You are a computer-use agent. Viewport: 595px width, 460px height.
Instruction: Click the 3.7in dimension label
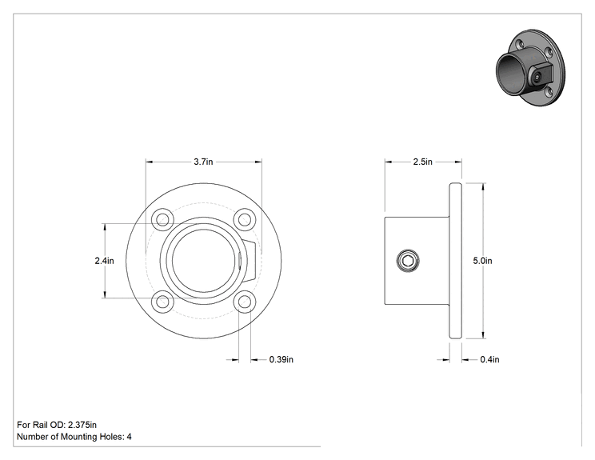pos(203,162)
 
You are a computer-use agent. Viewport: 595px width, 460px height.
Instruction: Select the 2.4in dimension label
pos(104,261)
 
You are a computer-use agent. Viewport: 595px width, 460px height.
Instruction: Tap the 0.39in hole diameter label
pos(282,359)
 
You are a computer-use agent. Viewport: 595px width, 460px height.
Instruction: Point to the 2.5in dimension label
pos(423,162)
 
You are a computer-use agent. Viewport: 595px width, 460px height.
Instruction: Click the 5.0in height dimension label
pos(483,261)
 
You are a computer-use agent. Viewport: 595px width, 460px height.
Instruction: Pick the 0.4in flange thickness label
pos(490,359)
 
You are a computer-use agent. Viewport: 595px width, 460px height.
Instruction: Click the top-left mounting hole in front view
pos(163,219)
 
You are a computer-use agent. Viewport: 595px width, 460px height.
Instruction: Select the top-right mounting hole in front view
pos(245,219)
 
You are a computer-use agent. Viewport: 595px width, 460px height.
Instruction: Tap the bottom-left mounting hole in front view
pos(163,302)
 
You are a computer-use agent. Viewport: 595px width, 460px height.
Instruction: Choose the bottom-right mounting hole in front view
pos(245,302)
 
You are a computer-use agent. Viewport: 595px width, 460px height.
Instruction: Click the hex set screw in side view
pos(408,261)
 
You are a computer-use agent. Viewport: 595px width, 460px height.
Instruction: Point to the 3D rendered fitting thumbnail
pos(530,67)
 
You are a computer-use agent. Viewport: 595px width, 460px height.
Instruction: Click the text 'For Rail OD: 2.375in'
pos(57,425)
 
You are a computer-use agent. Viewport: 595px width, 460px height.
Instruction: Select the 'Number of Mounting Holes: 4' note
pos(74,437)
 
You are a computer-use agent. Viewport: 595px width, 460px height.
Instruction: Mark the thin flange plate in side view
pos(455,261)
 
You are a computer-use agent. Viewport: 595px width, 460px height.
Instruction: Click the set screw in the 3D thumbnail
pos(536,77)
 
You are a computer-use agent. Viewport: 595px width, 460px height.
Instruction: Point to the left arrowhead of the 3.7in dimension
pos(149,162)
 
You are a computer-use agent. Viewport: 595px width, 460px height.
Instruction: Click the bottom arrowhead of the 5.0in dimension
pos(483,335)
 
